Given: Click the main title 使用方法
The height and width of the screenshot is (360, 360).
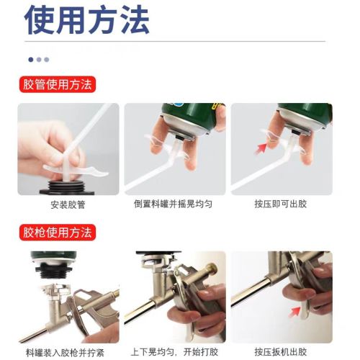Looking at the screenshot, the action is tap(87, 19).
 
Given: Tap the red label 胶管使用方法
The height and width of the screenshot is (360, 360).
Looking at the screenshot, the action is tap(58, 84).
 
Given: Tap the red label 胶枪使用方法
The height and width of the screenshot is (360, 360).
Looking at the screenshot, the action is tap(58, 233).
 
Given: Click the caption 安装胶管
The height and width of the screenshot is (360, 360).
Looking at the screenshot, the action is tap(68, 204).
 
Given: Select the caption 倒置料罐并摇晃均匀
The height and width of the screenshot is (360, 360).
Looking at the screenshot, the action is tap(173, 204).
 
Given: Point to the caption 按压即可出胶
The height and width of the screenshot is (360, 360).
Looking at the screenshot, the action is tap(281, 204).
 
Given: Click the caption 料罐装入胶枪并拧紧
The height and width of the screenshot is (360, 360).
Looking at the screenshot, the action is tap(65, 353).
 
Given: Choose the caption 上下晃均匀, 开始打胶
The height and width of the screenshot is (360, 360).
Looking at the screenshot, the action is tap(174, 352).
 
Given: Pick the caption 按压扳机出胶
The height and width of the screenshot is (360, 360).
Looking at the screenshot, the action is tap(281, 352).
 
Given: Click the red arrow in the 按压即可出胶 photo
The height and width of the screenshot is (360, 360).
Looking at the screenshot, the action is tap(261, 148).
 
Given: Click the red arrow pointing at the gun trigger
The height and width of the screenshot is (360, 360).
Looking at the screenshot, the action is tap(294, 312).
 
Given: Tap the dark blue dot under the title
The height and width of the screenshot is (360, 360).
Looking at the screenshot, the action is tap(31, 60).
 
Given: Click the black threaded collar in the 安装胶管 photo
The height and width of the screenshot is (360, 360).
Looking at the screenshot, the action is tap(67, 187).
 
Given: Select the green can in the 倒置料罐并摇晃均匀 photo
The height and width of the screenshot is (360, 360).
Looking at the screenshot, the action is tap(192, 117).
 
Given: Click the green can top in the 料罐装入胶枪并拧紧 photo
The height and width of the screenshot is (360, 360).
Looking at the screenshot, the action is tap(54, 256).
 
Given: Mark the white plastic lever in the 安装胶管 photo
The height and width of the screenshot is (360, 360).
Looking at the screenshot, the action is tap(74, 170).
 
